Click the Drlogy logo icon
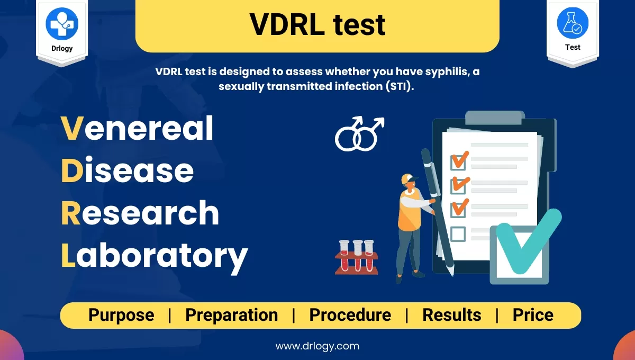[x=62, y=23]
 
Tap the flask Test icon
[x=573, y=23]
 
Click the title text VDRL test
[x=317, y=25]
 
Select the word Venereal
[x=137, y=128]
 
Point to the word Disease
[x=128, y=170]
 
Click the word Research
[x=140, y=212]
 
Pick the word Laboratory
[x=155, y=257]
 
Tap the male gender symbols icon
[x=359, y=133]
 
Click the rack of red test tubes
[x=357, y=257]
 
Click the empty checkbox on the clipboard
[x=458, y=234]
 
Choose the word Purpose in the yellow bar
[x=121, y=315]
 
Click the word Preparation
[x=232, y=315]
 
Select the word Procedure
[x=350, y=315]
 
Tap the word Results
[x=452, y=315]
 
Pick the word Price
[x=533, y=315]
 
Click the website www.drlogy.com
[x=317, y=346]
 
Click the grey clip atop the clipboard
[x=495, y=118]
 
